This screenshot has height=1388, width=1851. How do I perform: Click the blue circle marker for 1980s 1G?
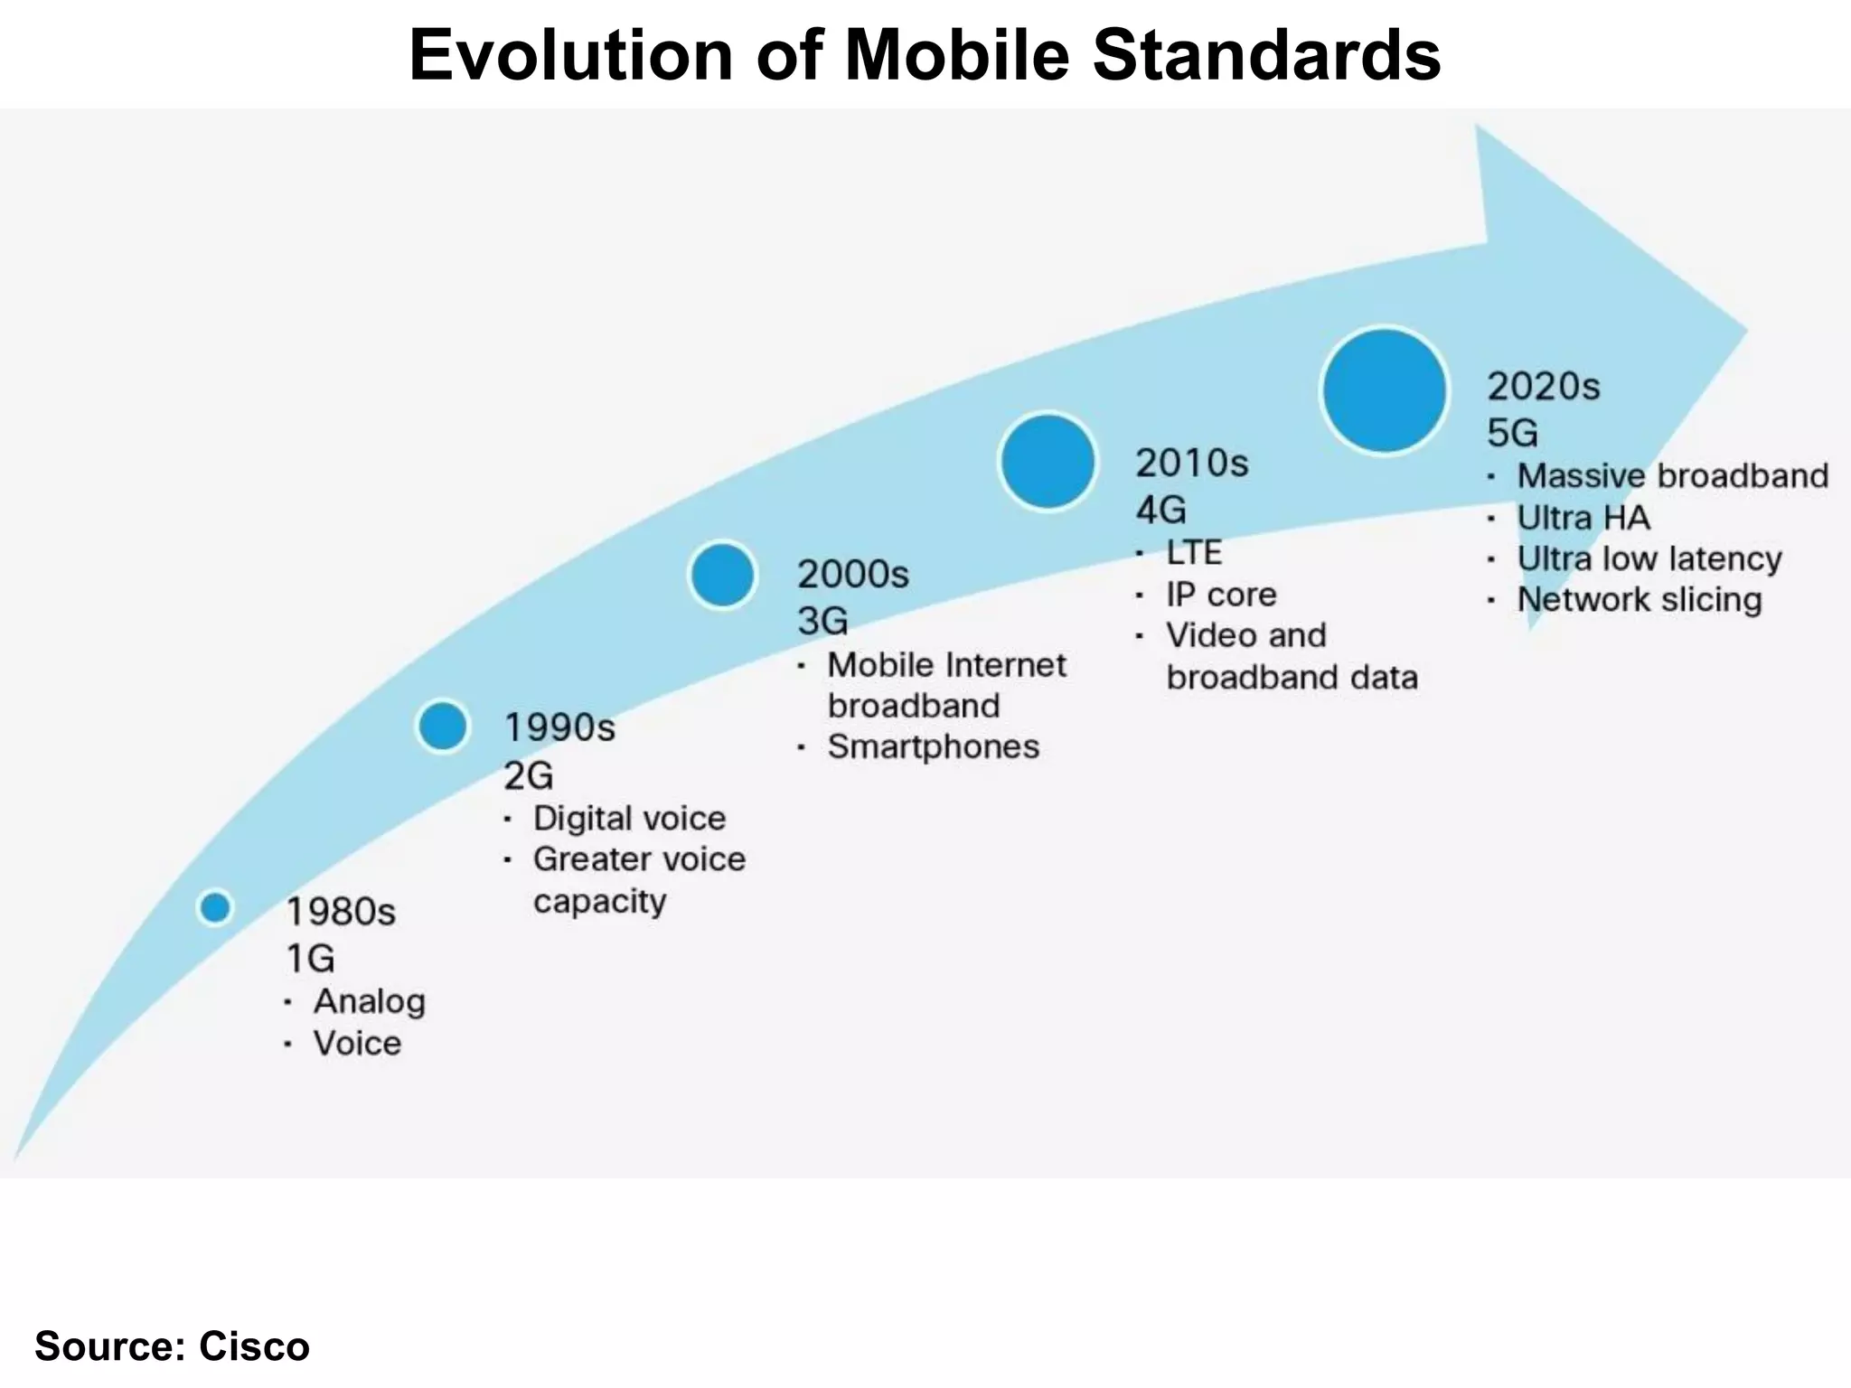click(215, 907)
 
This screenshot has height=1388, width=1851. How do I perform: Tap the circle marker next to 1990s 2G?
click(443, 726)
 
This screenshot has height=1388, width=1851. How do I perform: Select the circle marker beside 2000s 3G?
click(722, 575)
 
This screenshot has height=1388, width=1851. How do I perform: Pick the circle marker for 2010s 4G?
click(1048, 462)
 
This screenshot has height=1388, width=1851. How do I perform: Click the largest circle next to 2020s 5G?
click(1384, 390)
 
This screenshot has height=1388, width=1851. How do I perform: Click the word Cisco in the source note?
click(254, 1346)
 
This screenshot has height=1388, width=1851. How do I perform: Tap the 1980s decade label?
click(341, 912)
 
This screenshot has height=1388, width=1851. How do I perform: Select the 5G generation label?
click(1512, 434)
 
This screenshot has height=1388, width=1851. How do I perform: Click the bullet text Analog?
click(369, 1001)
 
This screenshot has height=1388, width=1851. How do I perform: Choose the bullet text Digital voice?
click(629, 819)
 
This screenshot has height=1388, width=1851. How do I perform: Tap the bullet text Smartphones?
click(933, 747)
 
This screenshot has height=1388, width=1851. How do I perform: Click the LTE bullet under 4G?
click(1193, 553)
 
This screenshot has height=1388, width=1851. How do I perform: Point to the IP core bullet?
click(1220, 595)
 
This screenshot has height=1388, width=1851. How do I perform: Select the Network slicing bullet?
click(1639, 600)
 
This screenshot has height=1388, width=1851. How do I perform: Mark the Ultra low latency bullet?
click(1649, 559)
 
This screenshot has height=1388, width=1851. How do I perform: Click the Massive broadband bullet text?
click(1672, 476)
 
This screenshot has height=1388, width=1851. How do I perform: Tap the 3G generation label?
click(822, 622)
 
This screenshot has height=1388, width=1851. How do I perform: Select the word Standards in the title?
click(1266, 56)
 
